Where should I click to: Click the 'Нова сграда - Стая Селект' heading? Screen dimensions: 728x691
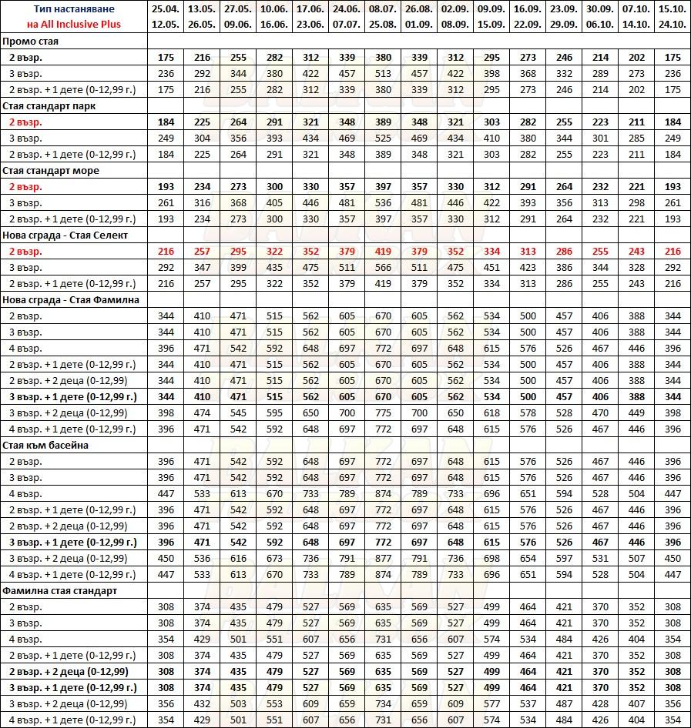(x=65, y=235)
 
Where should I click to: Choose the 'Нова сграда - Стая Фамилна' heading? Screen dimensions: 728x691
(x=70, y=299)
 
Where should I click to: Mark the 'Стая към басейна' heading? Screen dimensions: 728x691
(x=45, y=445)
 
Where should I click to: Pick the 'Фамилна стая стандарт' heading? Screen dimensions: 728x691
(x=59, y=590)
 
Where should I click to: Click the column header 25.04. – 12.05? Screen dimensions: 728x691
(x=166, y=16)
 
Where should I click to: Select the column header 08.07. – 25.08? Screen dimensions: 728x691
(x=383, y=16)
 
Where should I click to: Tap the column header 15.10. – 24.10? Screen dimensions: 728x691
(x=673, y=16)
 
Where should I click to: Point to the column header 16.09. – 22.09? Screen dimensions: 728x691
(x=528, y=16)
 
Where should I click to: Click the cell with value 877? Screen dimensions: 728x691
(x=383, y=558)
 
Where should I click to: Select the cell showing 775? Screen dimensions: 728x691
(x=383, y=412)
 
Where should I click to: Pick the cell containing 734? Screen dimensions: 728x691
(x=383, y=703)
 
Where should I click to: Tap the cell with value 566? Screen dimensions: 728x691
(x=383, y=267)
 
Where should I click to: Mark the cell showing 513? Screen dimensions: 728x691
(x=383, y=74)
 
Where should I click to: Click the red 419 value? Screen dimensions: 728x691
(x=383, y=251)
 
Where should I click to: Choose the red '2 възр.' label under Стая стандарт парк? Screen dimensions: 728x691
(x=26, y=122)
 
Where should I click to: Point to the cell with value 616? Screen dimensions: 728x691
(x=238, y=558)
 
